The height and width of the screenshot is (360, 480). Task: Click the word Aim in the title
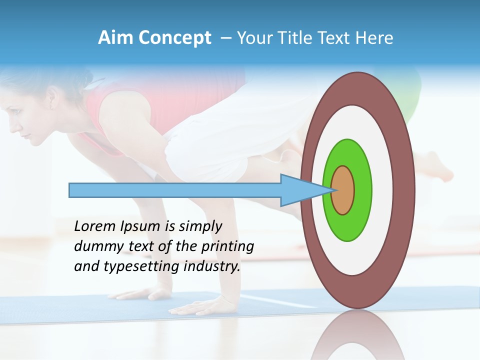114,38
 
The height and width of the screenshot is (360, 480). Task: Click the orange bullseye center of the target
342,190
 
